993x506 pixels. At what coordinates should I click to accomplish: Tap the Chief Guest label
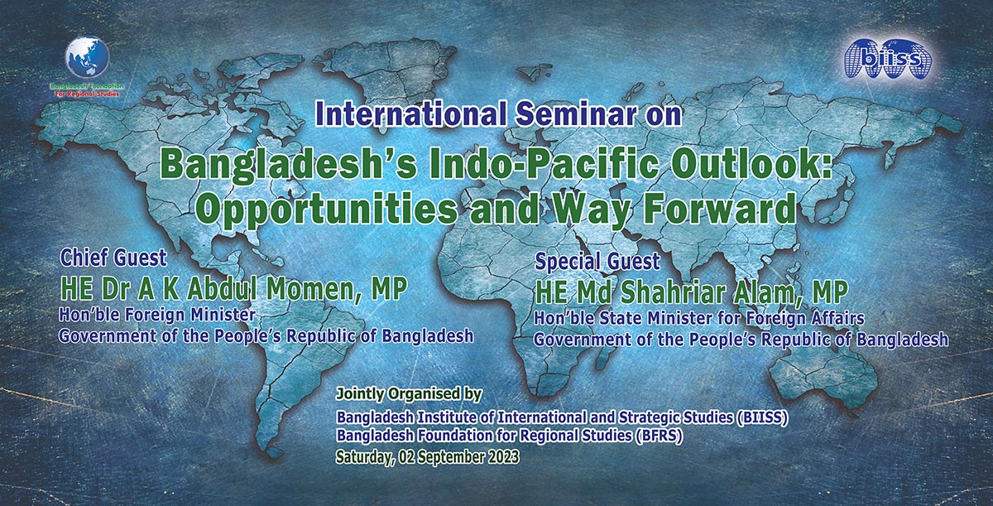coord(113,258)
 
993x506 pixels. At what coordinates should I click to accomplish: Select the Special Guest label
coord(597,261)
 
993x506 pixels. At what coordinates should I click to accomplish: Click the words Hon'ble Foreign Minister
coord(157,315)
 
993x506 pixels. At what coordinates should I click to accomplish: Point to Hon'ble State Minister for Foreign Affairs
coord(698,318)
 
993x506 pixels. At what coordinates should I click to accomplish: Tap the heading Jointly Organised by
coord(409,394)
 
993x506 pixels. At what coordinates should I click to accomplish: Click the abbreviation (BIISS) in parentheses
coord(763,417)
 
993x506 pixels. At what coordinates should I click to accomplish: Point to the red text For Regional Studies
coord(87,94)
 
